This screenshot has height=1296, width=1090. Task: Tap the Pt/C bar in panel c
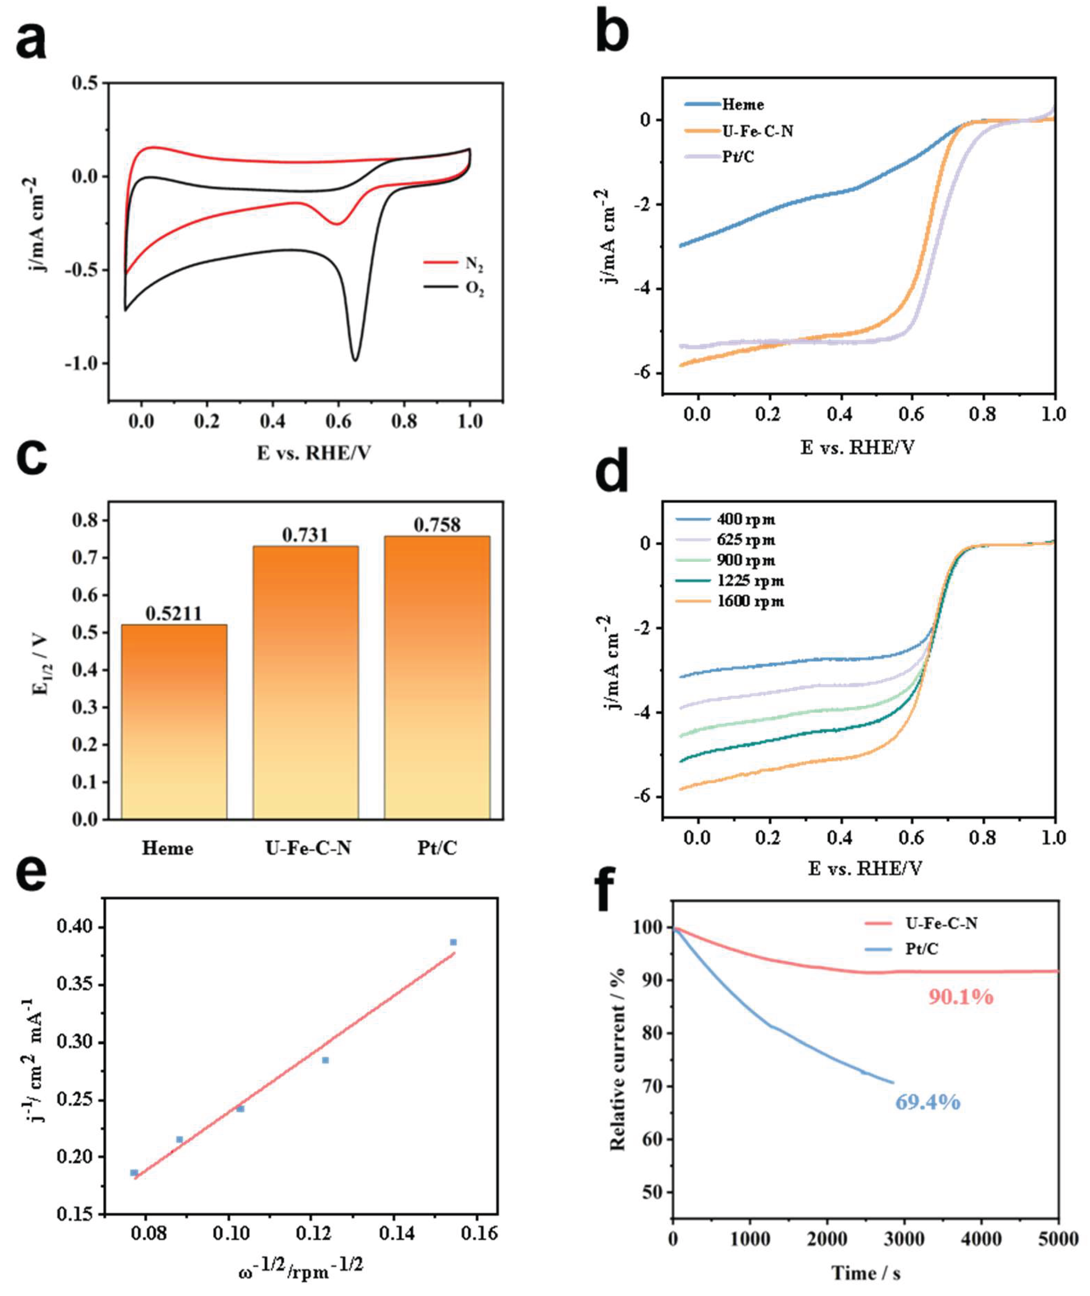coord(437,678)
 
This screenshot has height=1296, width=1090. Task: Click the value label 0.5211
coord(174,613)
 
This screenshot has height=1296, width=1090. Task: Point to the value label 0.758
coord(437,525)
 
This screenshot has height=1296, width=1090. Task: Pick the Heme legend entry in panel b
coord(724,105)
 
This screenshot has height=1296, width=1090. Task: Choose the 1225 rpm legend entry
coord(730,581)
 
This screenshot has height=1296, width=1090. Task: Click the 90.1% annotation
coord(961,996)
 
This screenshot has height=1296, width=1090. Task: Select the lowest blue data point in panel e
coord(134,1172)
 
